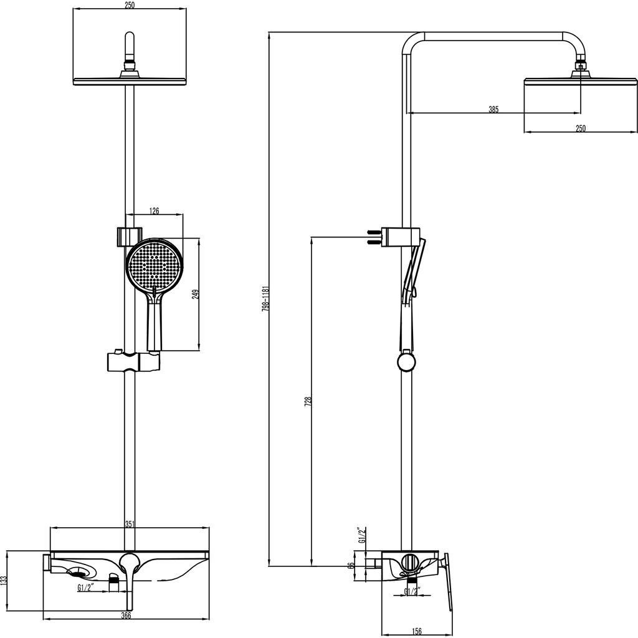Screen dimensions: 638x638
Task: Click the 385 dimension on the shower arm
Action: click(493, 110)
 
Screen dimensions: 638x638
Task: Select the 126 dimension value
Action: click(154, 211)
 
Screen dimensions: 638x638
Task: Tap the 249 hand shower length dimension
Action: click(195, 294)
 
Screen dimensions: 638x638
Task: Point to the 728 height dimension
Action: click(307, 402)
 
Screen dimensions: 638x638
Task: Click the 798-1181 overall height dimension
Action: click(265, 299)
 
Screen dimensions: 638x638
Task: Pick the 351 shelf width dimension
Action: click(130, 524)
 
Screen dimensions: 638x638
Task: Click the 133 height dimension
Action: click(4, 581)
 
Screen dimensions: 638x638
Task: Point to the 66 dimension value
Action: click(351, 566)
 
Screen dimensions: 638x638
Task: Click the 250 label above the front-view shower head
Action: click(130, 5)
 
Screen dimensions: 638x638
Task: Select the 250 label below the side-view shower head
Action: click(580, 128)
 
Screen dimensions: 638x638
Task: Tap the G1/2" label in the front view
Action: click(86, 587)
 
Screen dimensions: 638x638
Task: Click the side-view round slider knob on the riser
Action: click(405, 361)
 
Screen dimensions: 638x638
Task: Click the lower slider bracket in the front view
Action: click(133, 361)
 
